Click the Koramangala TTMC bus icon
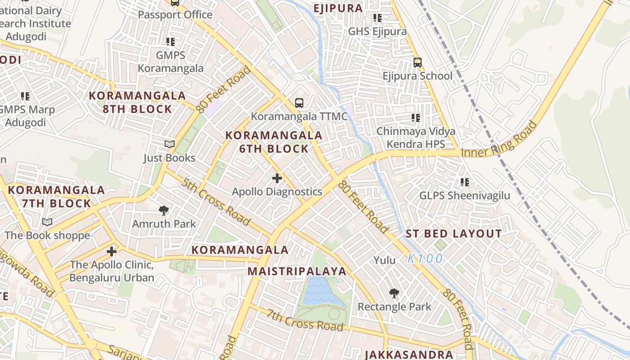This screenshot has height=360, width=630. click(x=299, y=103)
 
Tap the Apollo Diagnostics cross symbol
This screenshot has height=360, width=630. click(x=277, y=178)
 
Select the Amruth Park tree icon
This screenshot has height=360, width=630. click(x=164, y=210)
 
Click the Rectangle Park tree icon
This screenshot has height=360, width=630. click(x=394, y=293)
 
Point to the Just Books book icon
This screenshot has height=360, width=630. click(x=169, y=144)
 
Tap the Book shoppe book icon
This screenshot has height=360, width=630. click(x=47, y=221)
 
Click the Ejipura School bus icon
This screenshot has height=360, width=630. click(x=418, y=62)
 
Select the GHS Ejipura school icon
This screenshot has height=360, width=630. click(x=377, y=18)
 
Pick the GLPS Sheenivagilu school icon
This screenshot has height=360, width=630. click(x=464, y=182)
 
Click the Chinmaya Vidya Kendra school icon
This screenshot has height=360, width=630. click(x=416, y=118)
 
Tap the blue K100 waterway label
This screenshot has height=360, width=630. click(x=425, y=259)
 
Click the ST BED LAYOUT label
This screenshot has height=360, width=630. click(x=454, y=234)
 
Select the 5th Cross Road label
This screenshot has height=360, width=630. click(x=216, y=204)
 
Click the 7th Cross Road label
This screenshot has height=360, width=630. click(x=304, y=320)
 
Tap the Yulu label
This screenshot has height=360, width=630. click(x=385, y=260)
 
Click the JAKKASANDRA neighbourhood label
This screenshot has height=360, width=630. click(x=409, y=355)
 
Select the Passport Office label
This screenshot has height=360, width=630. click(x=175, y=14)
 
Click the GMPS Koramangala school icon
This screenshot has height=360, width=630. click(x=170, y=42)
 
